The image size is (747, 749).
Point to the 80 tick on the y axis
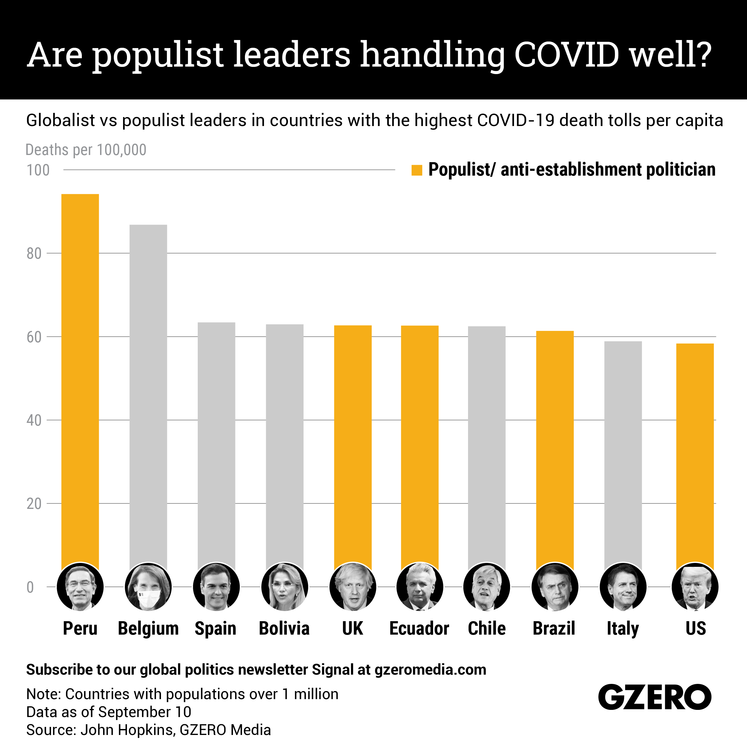(34, 254)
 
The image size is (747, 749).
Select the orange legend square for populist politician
(416, 170)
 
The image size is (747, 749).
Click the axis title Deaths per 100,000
(86, 150)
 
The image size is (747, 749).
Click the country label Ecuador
(419, 628)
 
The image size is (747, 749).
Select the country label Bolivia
(284, 628)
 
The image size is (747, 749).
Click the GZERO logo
(654, 697)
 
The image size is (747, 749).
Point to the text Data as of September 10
(108, 712)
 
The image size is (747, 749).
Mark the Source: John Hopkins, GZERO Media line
(148, 730)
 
